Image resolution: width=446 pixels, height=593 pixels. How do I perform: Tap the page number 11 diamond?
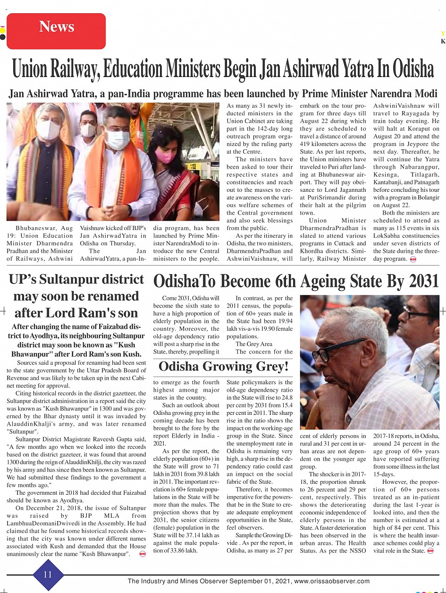(48, 575)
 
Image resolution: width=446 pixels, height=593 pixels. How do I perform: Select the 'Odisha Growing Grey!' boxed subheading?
(224, 366)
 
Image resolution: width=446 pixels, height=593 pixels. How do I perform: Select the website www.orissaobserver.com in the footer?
(332, 581)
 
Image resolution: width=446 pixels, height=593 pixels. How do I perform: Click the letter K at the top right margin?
(443, 42)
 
